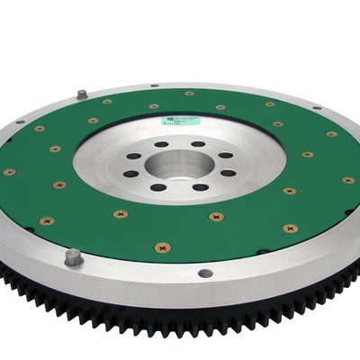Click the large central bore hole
click(x=178, y=165)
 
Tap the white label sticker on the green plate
click(x=162, y=106)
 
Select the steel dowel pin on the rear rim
click(x=82, y=94)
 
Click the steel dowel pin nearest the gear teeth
click(x=72, y=257)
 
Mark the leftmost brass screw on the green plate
click(x=9, y=172)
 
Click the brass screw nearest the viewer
click(x=162, y=247)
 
